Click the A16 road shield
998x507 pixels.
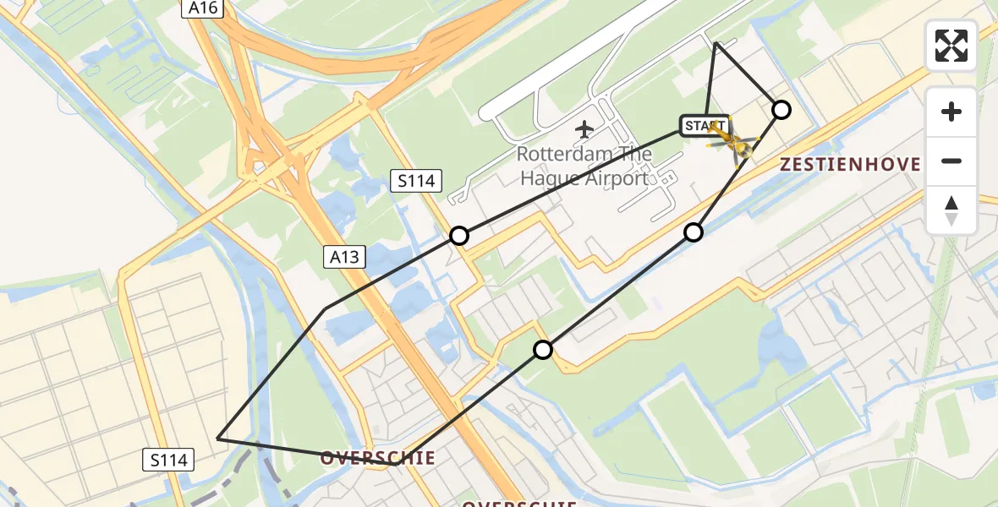[202, 8]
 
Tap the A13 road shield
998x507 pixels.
[344, 257]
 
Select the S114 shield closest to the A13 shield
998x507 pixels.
[415, 180]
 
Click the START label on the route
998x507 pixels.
[705, 127]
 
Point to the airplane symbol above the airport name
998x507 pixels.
[584, 129]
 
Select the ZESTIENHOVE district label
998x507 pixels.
[850, 165]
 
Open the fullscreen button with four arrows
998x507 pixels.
[951, 46]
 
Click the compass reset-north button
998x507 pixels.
[951, 210]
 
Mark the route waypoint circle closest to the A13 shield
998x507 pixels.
[459, 236]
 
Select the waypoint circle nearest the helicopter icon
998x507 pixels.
[781, 110]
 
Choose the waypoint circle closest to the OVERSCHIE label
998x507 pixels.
[543, 350]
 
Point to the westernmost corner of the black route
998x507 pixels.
[218, 439]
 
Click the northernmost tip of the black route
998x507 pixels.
[716, 42]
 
